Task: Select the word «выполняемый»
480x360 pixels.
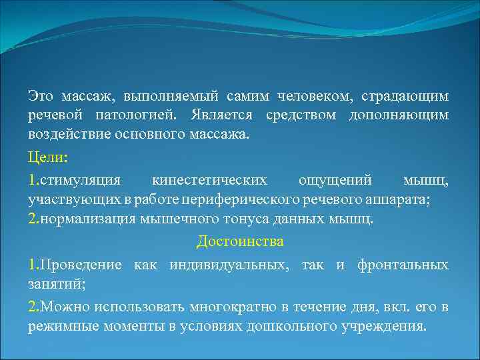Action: (165, 97)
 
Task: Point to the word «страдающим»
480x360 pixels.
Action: (407, 97)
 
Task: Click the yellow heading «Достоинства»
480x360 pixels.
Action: (240, 242)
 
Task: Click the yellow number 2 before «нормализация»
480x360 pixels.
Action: (32, 219)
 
